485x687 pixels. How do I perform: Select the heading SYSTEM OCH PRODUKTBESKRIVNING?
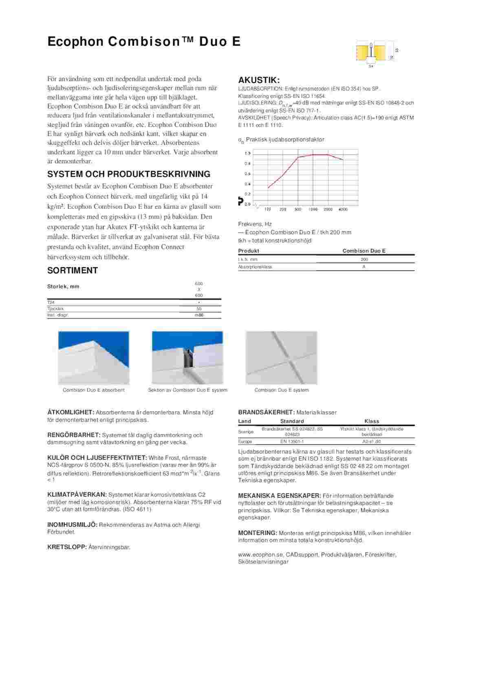pos(129,174)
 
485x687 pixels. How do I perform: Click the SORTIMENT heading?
pos(73,270)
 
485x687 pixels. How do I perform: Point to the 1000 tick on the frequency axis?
pos(313,209)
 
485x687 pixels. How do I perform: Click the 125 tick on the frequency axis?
pos(268,209)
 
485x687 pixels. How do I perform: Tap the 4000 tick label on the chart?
pos(343,209)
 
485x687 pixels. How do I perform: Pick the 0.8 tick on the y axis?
pos(247,164)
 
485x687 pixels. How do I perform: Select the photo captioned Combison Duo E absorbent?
pos(94,358)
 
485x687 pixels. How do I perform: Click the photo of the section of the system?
pos(187,358)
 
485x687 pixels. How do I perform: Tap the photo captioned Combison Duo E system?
pos(281,358)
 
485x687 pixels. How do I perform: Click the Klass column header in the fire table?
pos(372,421)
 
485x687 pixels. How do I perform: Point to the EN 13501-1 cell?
pos(292,441)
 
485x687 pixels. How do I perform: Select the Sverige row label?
pos(245,432)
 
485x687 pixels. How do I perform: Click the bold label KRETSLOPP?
pos(67,547)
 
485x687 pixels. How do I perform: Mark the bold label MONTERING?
pos(257,533)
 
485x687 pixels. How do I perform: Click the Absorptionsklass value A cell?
pos(364,267)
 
